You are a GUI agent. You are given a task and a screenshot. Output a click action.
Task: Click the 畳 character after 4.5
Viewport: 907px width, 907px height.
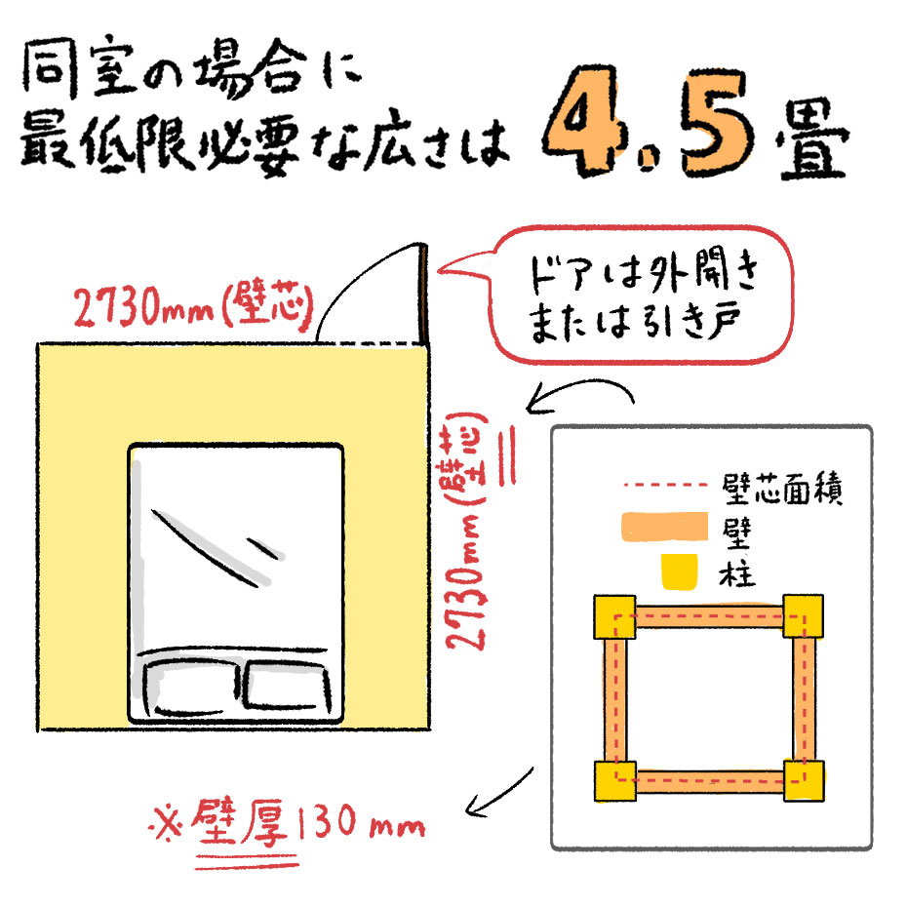pos(812,138)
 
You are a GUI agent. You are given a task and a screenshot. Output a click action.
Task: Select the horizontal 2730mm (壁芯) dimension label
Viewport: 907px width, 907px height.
pos(194,305)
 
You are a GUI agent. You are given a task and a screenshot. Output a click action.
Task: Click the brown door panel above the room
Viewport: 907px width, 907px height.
pos(424,295)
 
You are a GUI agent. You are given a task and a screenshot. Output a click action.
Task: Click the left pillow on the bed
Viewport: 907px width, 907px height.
pos(191,688)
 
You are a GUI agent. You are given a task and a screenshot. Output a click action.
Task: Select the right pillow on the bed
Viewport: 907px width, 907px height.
pos(288,685)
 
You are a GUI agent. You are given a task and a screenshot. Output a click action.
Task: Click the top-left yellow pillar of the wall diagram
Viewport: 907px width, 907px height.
pos(614,616)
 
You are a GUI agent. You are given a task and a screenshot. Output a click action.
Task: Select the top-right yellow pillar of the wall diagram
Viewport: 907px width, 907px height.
pos(804,615)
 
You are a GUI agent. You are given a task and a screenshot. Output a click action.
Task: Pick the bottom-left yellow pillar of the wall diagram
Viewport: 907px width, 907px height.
pos(615,781)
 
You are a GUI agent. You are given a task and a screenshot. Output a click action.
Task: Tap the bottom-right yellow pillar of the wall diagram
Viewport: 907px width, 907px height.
pos(804,780)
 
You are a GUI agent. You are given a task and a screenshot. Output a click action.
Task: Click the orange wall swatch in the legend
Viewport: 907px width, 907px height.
pos(664,527)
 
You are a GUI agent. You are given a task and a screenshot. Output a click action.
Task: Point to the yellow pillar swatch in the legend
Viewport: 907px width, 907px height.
pos(679,572)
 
